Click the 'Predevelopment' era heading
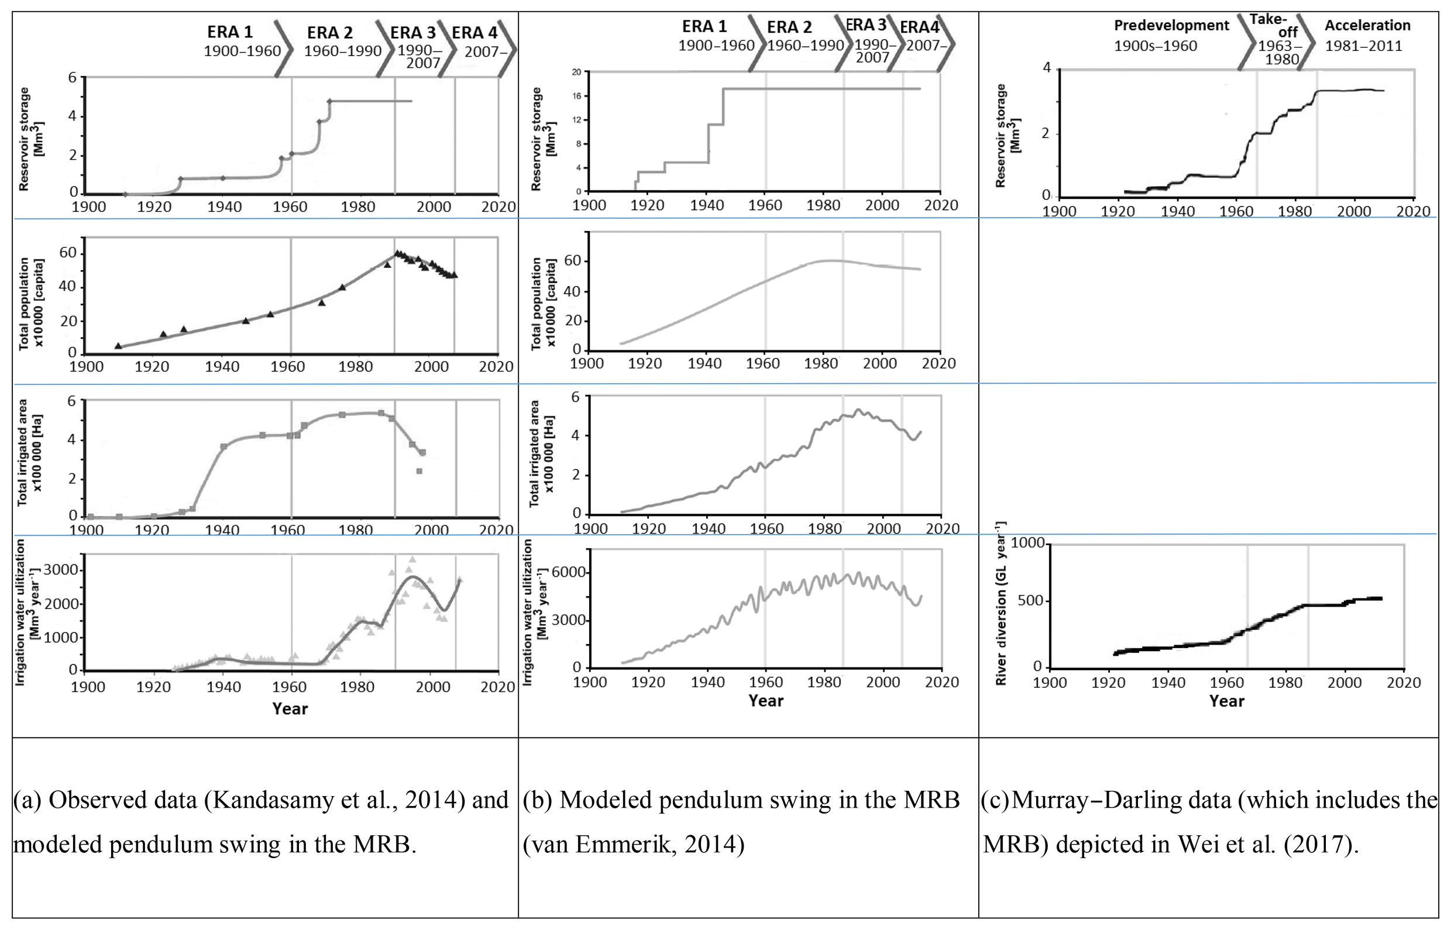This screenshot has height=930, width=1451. pos(1171,25)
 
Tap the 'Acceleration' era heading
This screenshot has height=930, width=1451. pos(1367,25)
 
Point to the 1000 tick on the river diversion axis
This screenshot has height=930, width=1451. pos(1027,543)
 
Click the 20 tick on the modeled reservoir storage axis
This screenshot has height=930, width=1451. pos(576,73)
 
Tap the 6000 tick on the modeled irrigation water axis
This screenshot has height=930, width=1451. pos(569,572)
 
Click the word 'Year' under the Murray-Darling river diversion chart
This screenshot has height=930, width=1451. pos(1226,701)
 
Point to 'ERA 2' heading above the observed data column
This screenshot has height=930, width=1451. pos(329,33)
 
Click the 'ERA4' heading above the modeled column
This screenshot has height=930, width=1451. pos(919,27)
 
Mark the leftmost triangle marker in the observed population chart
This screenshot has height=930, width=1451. pos(118,346)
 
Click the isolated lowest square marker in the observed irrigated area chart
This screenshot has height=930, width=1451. pos(420,471)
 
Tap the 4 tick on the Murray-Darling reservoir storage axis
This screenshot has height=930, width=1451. pos(1046,68)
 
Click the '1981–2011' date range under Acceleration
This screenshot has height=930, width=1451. pos(1363,46)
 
